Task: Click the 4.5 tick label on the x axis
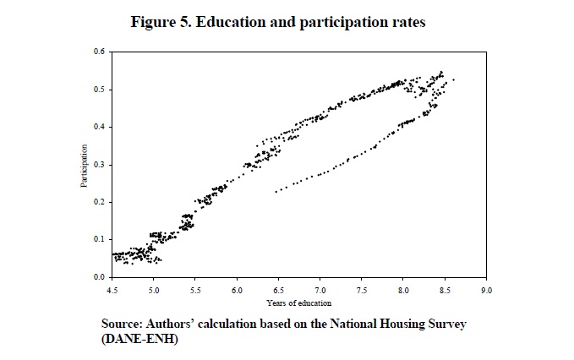click(112, 289)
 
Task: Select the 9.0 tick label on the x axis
click(485, 289)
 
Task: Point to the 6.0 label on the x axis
click(237, 289)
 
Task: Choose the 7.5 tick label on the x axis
click(361, 289)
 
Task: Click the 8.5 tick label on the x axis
click(444, 289)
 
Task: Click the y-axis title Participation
click(85, 165)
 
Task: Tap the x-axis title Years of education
click(298, 302)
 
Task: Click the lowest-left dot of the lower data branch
click(276, 192)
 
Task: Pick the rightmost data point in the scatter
click(454, 79)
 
